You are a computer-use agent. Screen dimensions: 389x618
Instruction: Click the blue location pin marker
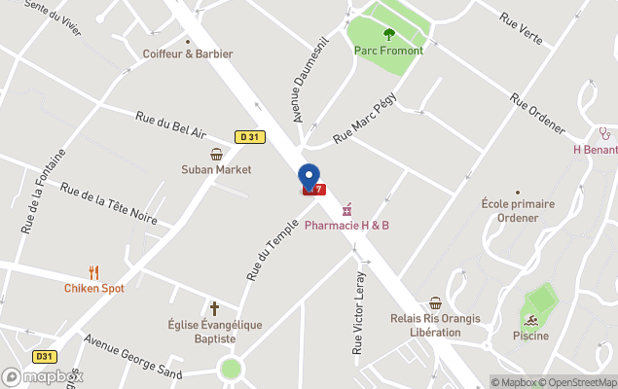point(309,177)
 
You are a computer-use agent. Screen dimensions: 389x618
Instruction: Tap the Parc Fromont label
point(388,50)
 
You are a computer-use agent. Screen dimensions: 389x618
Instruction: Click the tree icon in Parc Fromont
point(389,34)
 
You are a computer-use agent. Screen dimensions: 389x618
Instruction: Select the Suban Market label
point(216,169)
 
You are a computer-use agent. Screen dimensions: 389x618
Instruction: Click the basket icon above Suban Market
point(216,154)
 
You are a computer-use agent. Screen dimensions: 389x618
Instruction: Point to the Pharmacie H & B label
point(346,226)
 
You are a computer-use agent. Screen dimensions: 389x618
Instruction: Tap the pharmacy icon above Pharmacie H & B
point(345,209)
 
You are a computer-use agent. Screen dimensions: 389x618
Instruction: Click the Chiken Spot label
point(94,288)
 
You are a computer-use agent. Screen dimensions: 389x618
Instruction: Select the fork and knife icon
point(94,272)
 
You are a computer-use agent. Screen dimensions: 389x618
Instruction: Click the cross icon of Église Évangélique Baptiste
point(214,308)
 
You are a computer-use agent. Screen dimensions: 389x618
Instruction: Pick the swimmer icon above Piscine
point(530,320)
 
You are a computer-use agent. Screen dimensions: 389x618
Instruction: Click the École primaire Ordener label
point(517,210)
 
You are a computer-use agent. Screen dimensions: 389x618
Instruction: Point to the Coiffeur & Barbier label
point(188,53)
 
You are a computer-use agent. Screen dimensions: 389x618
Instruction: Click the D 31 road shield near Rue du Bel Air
point(250,137)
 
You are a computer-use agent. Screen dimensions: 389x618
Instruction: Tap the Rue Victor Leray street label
point(356,300)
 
